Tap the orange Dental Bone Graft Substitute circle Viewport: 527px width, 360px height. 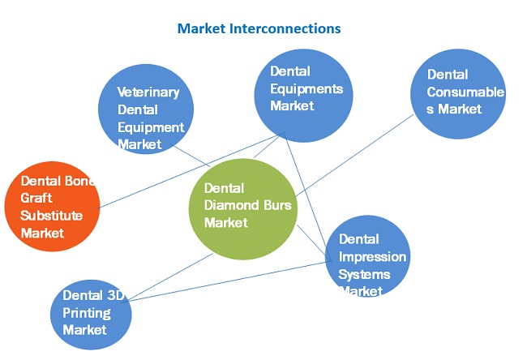tap(50, 206)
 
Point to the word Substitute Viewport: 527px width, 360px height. tap(52, 216)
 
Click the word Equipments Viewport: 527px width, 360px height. tap(306, 88)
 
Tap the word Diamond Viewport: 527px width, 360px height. tap(233, 205)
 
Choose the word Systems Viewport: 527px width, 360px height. tap(364, 273)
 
